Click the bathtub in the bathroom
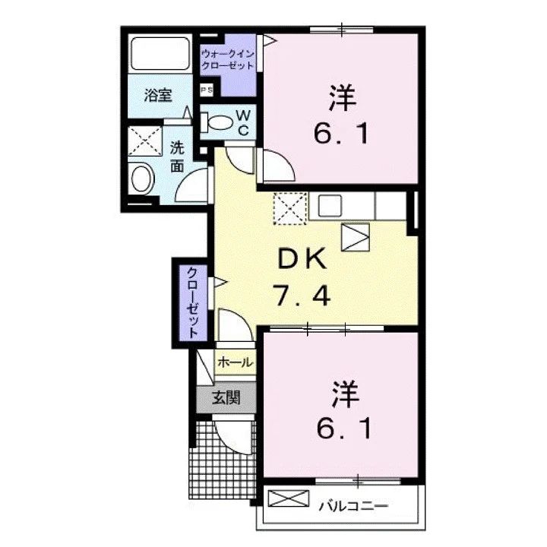click(x=160, y=53)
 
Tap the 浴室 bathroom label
click(x=158, y=95)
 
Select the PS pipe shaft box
click(x=206, y=90)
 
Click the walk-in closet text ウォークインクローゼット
click(x=228, y=59)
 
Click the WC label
click(x=243, y=122)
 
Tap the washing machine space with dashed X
click(x=145, y=141)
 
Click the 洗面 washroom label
click(x=177, y=157)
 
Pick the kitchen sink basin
click(x=329, y=206)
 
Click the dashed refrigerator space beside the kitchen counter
click(x=290, y=208)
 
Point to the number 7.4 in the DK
click(x=302, y=295)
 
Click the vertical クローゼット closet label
click(x=192, y=302)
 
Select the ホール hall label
click(x=235, y=363)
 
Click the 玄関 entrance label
click(x=226, y=397)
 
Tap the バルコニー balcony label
click(x=353, y=506)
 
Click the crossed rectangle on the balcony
click(x=289, y=498)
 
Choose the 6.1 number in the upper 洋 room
click(x=341, y=134)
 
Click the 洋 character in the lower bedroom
click(x=346, y=394)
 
